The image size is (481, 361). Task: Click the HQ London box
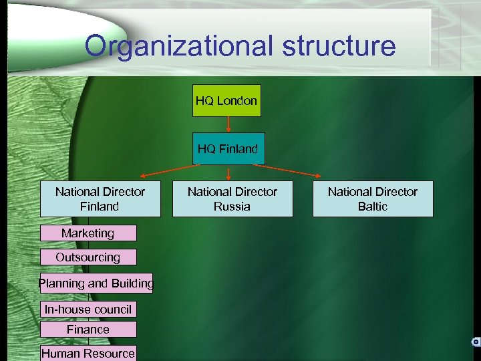226,101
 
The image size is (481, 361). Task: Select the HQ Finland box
228,149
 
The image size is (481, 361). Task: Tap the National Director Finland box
100,199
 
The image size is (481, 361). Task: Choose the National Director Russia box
232,199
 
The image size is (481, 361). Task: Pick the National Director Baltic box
373,199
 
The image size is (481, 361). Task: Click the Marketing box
88,233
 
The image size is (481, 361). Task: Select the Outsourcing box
88,257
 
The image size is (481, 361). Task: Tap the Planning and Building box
96,283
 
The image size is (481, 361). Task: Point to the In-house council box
88,310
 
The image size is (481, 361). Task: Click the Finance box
88,330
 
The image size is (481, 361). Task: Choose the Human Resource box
88,353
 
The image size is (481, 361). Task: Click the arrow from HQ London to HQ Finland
228,125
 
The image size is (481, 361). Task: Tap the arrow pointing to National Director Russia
229,172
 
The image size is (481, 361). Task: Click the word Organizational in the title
177,47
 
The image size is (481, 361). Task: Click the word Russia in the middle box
232,207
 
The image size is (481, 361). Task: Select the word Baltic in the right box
373,207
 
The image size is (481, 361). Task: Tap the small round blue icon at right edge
476,342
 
